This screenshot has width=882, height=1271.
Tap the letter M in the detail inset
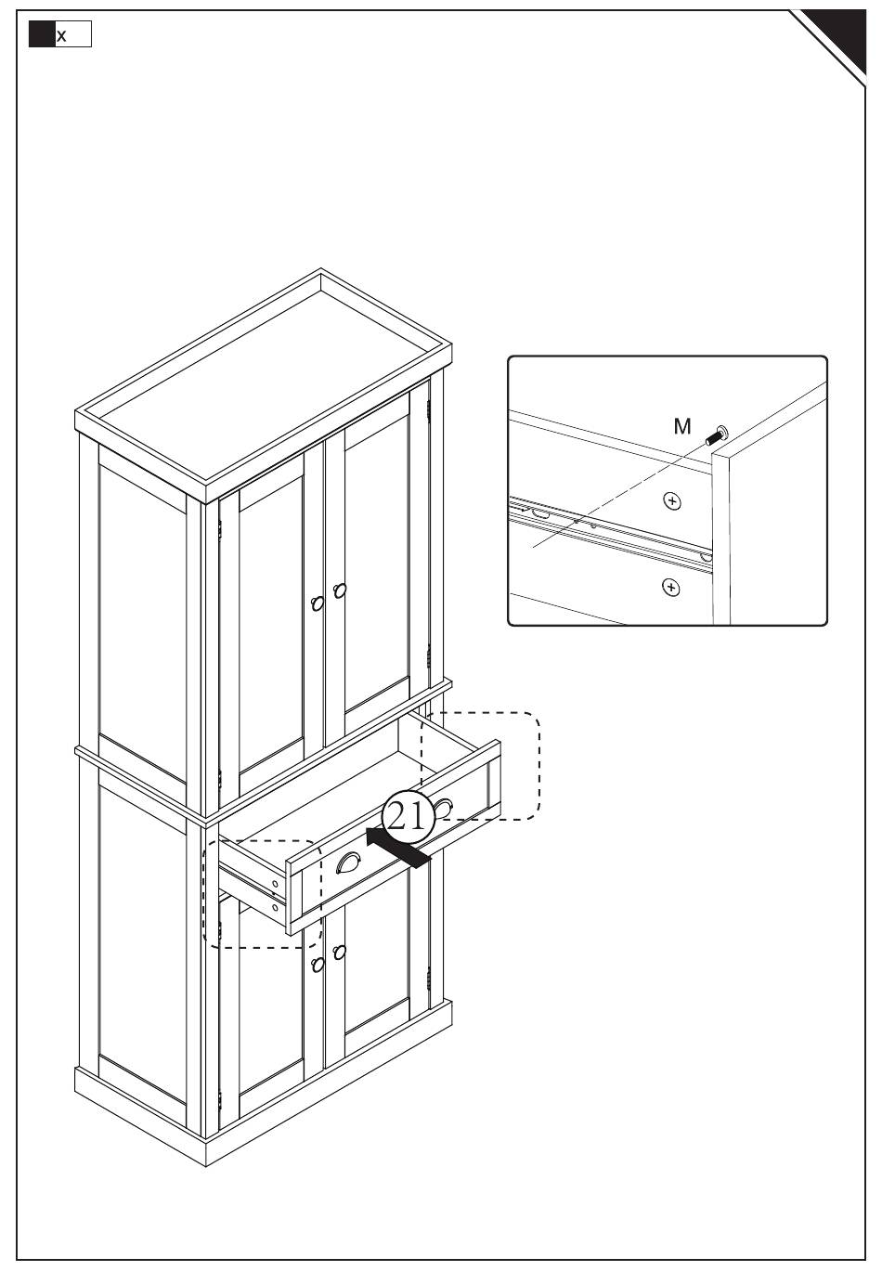[682, 426]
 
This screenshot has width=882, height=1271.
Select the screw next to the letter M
[718, 433]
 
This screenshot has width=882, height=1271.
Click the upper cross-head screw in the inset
[672, 501]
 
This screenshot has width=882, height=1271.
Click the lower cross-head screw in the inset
[670, 587]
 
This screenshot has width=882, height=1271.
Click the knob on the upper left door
[318, 603]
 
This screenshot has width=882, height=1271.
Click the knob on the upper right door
[339, 590]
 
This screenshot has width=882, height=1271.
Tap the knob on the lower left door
[318, 965]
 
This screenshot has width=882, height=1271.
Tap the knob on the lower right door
[339, 952]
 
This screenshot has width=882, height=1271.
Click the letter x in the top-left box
[62, 36]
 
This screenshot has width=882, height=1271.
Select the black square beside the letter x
[42, 35]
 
